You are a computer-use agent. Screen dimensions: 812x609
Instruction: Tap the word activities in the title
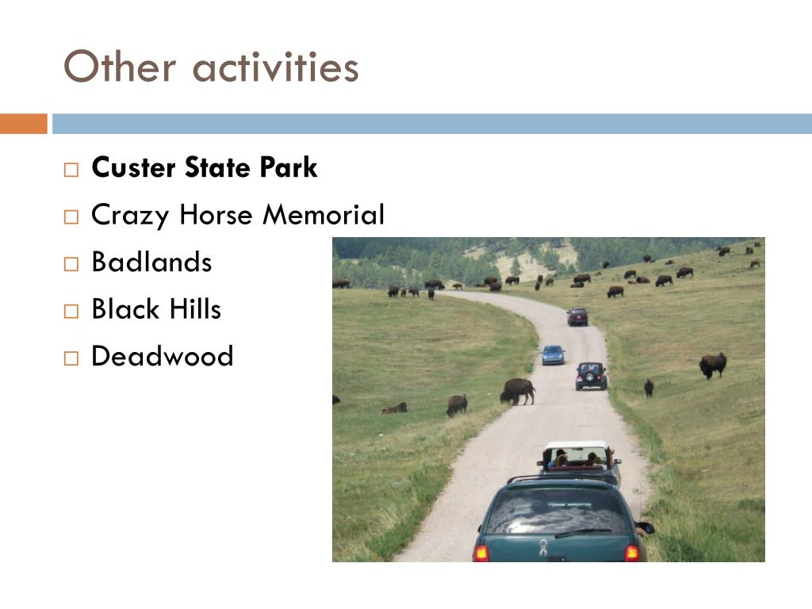click(275, 67)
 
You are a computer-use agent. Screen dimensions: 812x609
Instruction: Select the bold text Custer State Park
click(204, 167)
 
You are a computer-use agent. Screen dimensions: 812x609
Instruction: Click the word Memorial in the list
click(324, 214)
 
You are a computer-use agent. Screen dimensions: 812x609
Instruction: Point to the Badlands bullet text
click(151, 262)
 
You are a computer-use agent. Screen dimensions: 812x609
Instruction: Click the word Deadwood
click(162, 356)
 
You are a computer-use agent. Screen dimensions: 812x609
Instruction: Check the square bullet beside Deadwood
click(71, 358)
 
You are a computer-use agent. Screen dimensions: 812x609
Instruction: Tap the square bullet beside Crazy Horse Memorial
click(71, 216)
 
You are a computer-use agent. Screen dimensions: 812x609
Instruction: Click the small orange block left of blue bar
click(23, 124)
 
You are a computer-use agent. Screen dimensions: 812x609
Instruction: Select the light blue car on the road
click(553, 354)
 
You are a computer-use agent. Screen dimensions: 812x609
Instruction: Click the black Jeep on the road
click(591, 376)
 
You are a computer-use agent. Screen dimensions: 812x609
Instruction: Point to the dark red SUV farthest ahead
click(577, 316)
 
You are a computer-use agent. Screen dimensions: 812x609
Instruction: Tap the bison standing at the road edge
click(517, 391)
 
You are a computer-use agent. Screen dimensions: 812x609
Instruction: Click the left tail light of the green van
click(481, 553)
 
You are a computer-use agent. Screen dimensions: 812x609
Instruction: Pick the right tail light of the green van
click(632, 553)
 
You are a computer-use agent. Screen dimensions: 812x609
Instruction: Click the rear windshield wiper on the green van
click(583, 532)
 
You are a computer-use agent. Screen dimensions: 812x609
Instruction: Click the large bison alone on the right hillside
click(713, 365)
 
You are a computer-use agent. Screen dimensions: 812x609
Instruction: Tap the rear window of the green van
click(557, 511)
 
